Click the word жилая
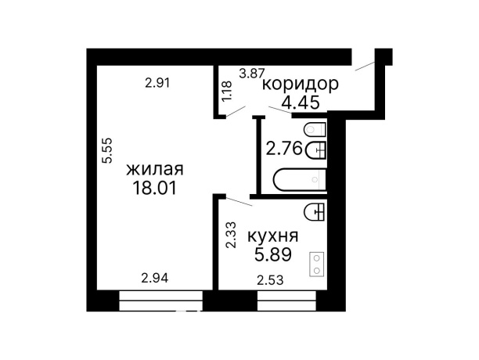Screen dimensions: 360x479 pos(155,169)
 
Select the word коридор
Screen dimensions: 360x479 pos(300,85)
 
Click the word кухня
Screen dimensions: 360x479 pos(272,236)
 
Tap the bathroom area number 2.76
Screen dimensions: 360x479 pos(283,149)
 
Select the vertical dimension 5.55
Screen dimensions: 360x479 pos(108,150)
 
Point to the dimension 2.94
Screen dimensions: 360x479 pos(156,276)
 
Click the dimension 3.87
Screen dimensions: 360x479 pos(250,74)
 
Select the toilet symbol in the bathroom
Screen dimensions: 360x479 pos(315,129)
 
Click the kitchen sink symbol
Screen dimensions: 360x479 pos(315,210)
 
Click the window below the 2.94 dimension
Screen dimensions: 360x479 pos(160,299)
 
